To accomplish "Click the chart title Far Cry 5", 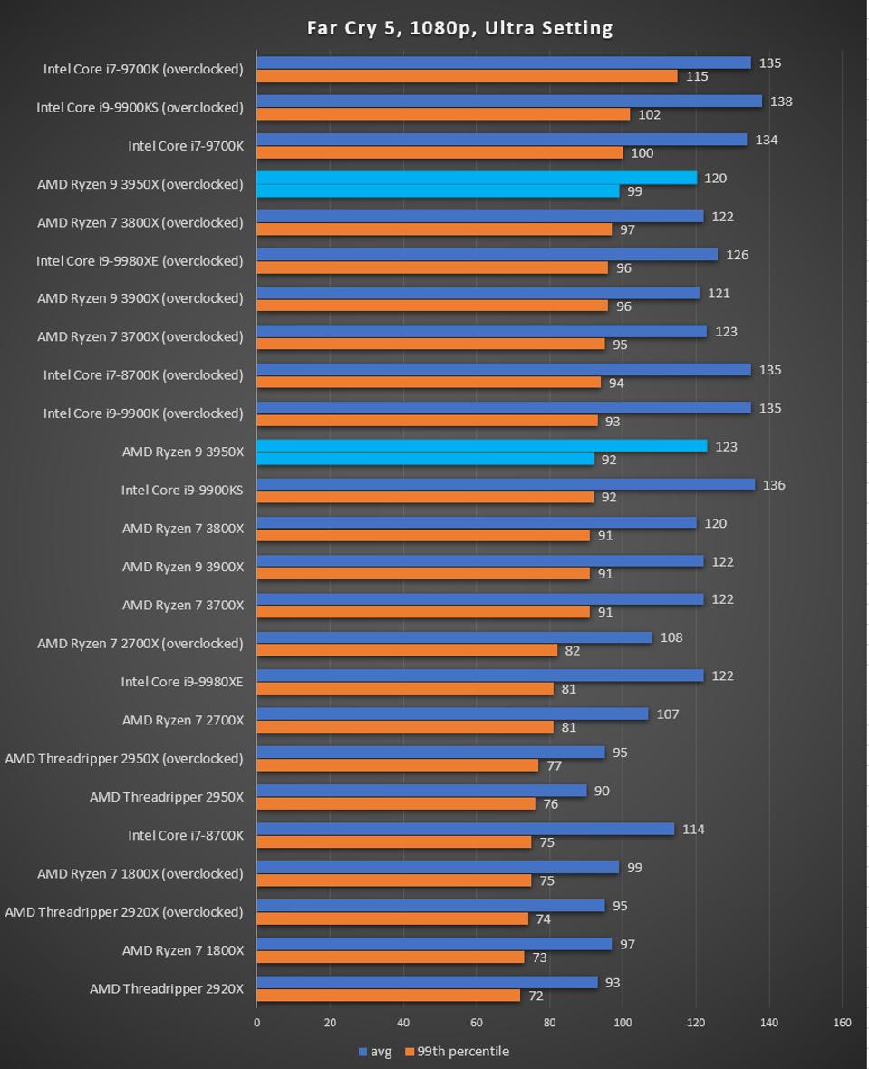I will click(460, 28).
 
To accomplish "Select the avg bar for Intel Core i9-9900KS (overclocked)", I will click(508, 102).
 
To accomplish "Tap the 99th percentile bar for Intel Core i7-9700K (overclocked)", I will click(467, 76).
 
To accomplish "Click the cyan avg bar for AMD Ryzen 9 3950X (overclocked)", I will click(476, 178).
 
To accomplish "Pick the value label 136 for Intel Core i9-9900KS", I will click(773, 485).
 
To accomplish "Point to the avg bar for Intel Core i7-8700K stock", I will click(465, 829).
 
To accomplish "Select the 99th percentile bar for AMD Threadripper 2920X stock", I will click(388, 996).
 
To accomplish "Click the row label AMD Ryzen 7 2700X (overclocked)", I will click(140, 644).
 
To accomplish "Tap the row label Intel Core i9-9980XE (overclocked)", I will click(140, 261).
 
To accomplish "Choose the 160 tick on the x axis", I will click(842, 1023).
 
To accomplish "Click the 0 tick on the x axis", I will click(256, 1023).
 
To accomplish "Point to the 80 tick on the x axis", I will click(549, 1023).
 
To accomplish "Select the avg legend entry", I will click(376, 1052).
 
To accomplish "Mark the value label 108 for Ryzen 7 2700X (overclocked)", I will click(671, 637).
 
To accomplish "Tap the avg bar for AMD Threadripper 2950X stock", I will click(421, 791).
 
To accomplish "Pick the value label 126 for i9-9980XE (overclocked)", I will click(737, 255).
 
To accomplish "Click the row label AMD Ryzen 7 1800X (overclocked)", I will click(140, 874).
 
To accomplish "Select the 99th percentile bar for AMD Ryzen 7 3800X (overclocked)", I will click(434, 229).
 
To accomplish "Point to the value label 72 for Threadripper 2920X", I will click(536, 996).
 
